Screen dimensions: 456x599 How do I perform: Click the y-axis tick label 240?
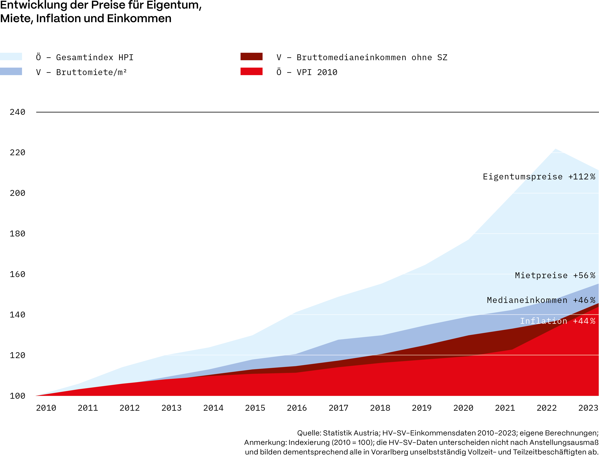coord(17,112)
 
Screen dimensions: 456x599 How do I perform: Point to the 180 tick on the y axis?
coord(17,234)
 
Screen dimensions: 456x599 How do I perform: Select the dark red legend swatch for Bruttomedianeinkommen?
coord(251,56)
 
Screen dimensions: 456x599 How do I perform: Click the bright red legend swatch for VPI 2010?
coord(251,71)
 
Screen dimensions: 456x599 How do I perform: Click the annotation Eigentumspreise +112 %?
coord(539,177)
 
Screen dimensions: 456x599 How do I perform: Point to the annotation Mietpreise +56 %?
coord(555,275)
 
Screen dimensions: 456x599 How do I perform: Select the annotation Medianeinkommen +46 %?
coord(541,300)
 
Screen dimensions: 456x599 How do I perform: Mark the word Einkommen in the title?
coord(139,18)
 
